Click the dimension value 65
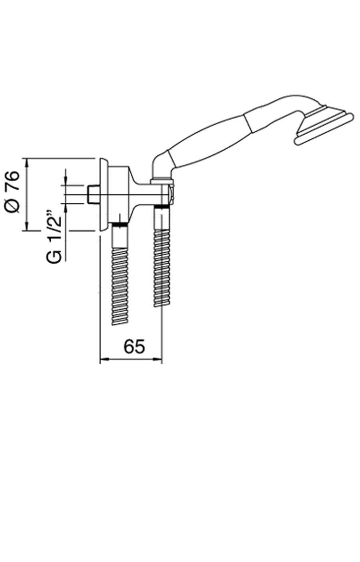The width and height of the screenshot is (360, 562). point(134,346)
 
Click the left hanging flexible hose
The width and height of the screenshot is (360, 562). point(120,276)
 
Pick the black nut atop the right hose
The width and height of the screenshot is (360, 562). point(162,206)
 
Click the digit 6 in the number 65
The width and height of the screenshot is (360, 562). point(129,346)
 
